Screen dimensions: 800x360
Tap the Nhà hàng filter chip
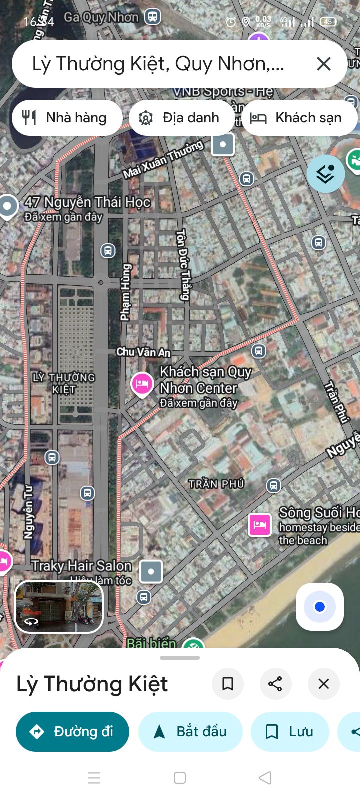pos(67,118)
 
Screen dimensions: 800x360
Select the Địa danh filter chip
pos(181,118)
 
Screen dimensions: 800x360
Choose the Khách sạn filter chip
pos(299,118)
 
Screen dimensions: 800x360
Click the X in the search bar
pos(324,64)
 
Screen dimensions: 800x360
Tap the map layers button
pos(325,174)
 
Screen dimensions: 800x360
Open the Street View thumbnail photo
pos(59,606)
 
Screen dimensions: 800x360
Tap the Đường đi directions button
pos(72,732)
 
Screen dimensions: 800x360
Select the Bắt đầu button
pos(190,732)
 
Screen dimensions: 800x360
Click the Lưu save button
pos(290,732)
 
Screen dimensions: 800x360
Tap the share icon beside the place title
pos(275,684)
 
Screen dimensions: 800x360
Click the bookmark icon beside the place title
pos(228,684)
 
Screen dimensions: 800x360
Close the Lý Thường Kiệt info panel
pos(324,684)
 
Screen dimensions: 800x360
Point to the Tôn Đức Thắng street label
pos(183,265)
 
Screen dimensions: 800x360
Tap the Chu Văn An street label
pos(143,352)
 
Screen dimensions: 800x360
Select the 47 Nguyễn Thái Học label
pos(87,202)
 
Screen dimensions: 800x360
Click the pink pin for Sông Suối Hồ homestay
pos(260,525)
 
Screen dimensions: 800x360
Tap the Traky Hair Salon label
pos(82,566)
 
